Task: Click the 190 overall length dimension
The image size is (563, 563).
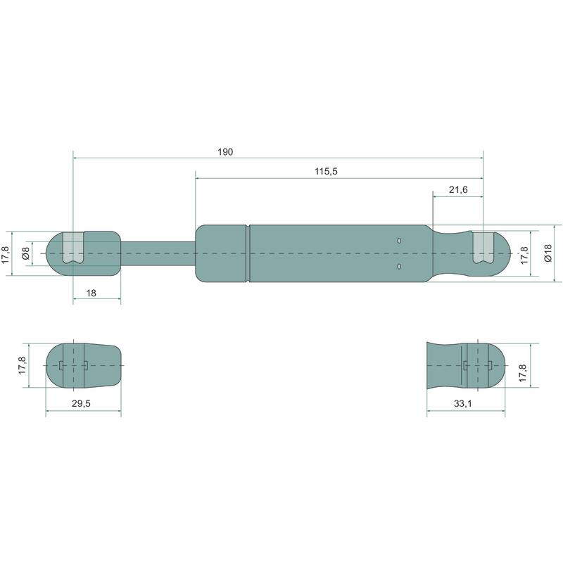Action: pos(225,152)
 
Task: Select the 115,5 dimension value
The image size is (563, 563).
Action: pos(326,172)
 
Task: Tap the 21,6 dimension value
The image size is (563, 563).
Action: pos(458,189)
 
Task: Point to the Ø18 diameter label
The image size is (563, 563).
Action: pos(548,253)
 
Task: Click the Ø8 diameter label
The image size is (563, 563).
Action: pos(25,253)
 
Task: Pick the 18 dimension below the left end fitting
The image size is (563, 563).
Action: pos(91,293)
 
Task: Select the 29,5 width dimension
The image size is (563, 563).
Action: pos(81,403)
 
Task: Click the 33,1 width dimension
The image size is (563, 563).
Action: pos(463,403)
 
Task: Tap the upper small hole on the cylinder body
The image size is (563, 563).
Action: pos(399,241)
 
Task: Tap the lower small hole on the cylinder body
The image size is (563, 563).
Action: pos(399,266)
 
